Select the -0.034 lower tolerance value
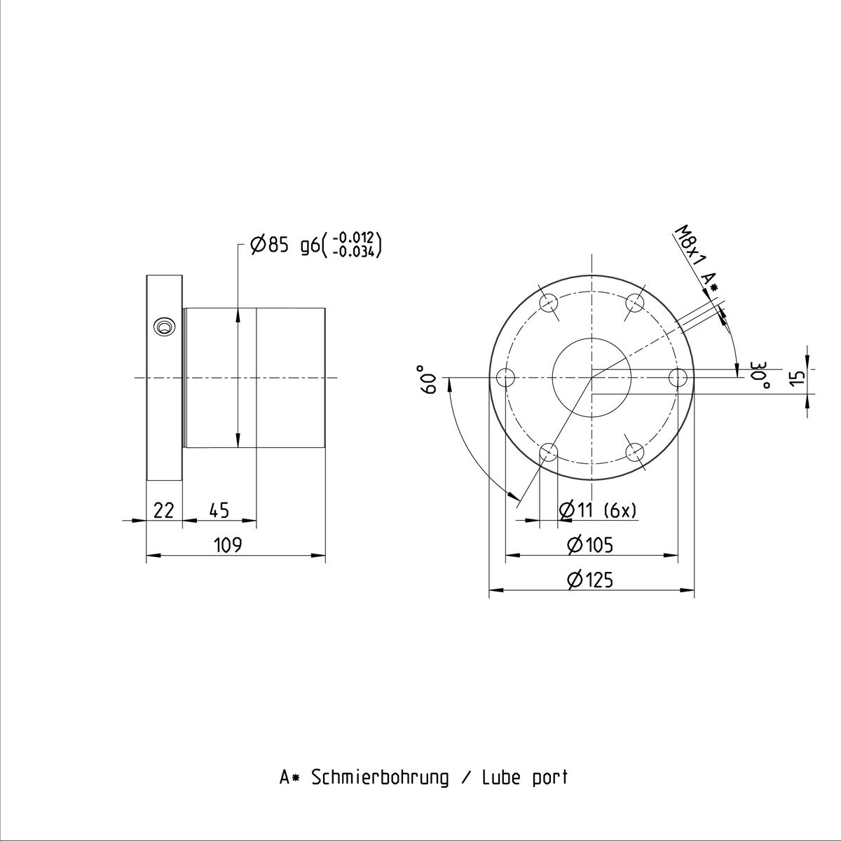point(356,252)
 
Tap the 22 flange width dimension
point(163,511)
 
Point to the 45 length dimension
point(219,511)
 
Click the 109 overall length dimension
point(228,545)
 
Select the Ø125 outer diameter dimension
point(590,580)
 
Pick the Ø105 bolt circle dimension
point(590,545)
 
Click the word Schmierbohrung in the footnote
point(379,777)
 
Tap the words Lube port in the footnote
point(524,777)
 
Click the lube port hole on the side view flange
point(165,327)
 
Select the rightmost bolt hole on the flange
point(678,378)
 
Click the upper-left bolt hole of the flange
point(549,303)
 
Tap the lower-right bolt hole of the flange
point(635,452)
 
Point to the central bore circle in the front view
point(592,378)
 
